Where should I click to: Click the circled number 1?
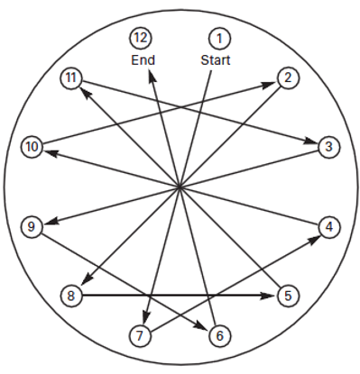click(219, 39)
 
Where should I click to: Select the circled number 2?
click(288, 78)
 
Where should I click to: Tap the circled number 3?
click(328, 147)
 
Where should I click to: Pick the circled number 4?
click(329, 227)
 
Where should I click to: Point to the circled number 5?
click(288, 296)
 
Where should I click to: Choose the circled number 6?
click(219, 335)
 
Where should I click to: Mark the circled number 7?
click(140, 335)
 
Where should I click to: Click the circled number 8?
click(71, 296)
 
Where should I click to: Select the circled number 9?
click(32, 226)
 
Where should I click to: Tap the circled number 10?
click(32, 147)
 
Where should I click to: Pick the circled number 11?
click(71, 78)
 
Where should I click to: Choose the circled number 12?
click(141, 38)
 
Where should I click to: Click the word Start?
click(216, 60)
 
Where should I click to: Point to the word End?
click(143, 60)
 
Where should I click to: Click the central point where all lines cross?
click(180, 187)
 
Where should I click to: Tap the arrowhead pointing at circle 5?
click(268, 296)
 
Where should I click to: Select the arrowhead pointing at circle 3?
click(310, 141)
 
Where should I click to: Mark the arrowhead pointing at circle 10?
click(51, 152)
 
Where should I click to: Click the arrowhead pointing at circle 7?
click(146, 317)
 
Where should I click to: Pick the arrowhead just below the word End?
click(152, 76)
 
